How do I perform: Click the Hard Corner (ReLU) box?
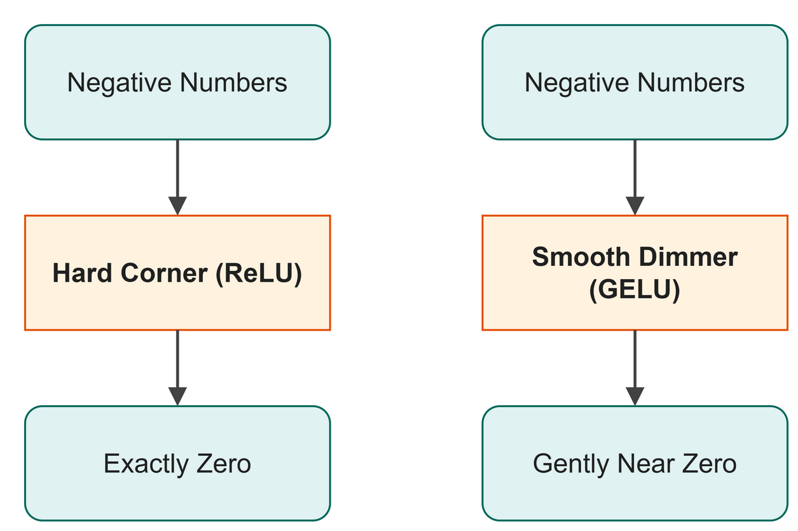177,273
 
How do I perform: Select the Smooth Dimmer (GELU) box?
635,273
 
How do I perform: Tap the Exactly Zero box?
177,464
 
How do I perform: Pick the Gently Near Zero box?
635,464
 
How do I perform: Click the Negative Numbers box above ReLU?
177,82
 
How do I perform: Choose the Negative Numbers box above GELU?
635,82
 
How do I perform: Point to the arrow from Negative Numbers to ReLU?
177,177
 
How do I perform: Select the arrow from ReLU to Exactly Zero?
177,368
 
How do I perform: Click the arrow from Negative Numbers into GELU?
635,177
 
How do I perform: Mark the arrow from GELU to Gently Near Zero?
635,368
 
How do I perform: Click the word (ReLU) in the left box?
259,273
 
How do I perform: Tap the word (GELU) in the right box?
635,290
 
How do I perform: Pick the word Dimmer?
688,256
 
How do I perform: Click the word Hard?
82,273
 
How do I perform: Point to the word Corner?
164,273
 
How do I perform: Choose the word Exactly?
146,465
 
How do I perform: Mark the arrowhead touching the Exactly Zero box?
177,396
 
